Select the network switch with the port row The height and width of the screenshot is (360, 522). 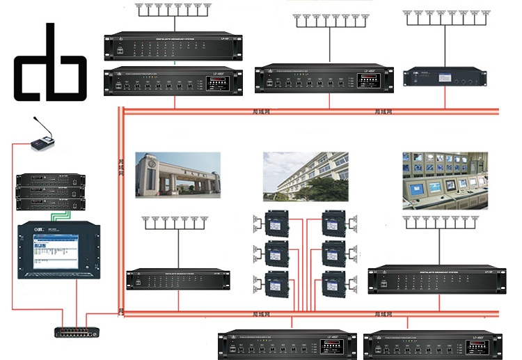pos(76,331)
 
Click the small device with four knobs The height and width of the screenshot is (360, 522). pos(443,77)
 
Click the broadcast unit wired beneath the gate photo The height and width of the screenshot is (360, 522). pos(177,279)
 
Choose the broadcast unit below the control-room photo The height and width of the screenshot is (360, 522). pos(436,276)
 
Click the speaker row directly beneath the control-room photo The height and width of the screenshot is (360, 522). pos(439,221)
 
